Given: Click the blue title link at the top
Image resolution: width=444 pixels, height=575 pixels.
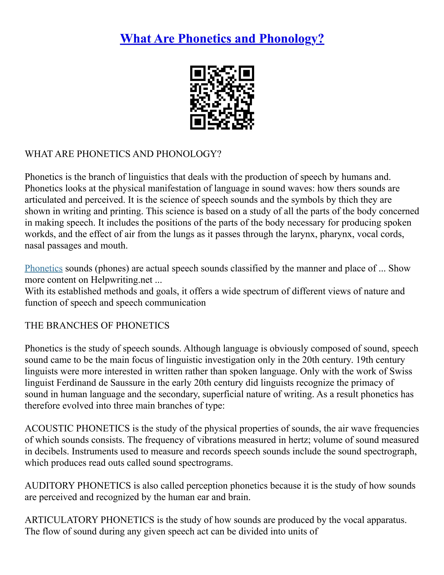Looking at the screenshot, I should (222, 39).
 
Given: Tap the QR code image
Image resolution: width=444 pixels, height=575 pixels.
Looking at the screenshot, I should (222, 97).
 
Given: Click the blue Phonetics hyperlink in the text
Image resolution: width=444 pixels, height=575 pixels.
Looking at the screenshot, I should (44, 268).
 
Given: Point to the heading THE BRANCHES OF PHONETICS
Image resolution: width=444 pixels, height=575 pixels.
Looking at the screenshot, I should (97, 325).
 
